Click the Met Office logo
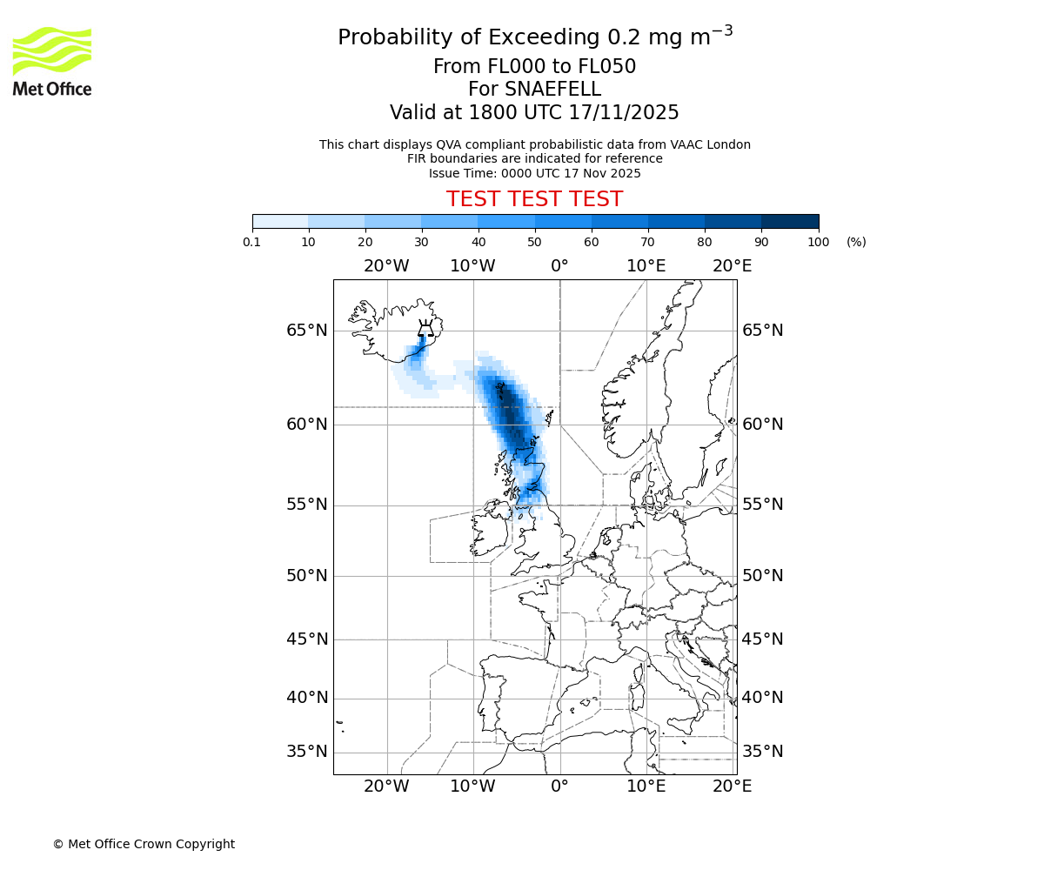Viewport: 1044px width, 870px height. coord(52,61)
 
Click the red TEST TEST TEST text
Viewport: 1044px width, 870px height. coord(534,199)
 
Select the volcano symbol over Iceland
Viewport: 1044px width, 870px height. coord(425,327)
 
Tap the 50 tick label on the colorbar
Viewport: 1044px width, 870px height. coord(534,242)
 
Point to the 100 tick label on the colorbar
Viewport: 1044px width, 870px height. coord(818,242)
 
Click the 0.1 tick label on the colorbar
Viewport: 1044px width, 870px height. coord(252,242)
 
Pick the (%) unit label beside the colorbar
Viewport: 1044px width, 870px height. coord(856,242)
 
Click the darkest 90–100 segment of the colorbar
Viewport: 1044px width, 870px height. coord(790,221)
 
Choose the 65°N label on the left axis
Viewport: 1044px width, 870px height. coord(307,331)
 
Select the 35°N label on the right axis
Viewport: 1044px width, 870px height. coord(763,752)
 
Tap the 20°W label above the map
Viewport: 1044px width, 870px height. coord(386,265)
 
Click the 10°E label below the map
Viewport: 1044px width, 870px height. coord(646,786)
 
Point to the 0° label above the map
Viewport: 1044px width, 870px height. coord(559,265)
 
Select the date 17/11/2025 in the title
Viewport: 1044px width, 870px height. coord(624,112)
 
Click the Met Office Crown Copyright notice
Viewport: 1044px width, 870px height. coord(144,844)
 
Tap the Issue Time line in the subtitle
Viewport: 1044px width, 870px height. coord(534,173)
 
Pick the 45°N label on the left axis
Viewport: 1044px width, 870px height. coord(307,639)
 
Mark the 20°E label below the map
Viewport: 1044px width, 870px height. coord(733,786)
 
